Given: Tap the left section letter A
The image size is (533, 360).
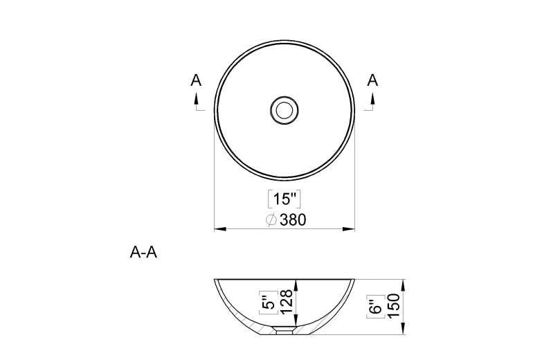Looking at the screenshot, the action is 196,80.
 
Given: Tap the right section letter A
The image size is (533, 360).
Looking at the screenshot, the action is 373,80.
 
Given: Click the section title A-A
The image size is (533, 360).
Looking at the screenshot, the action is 143,253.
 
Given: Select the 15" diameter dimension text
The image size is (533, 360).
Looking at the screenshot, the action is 285,199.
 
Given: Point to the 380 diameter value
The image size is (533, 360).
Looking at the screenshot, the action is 293,220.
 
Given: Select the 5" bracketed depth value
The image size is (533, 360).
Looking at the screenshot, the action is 269,302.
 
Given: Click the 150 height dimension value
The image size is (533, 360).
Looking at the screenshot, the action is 393,305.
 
